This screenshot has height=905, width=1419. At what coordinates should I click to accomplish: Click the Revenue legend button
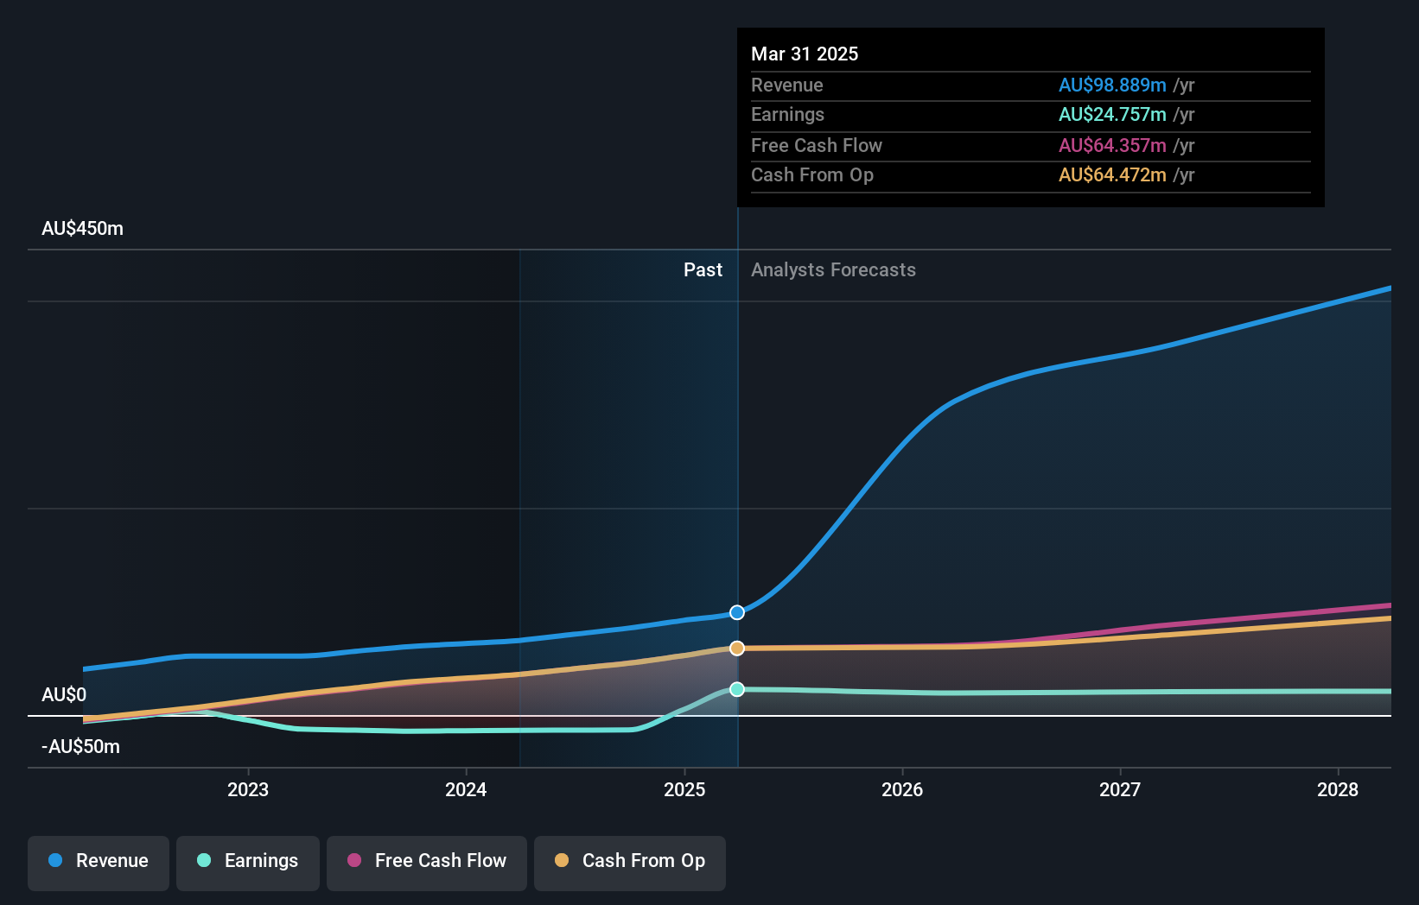tap(99, 861)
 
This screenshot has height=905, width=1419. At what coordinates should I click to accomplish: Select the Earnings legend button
tap(248, 861)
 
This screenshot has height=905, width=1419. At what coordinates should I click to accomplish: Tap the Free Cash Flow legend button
tap(427, 861)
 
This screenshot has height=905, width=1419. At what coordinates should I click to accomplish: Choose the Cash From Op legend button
tap(630, 861)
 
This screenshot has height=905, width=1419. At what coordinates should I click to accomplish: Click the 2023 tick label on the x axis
tap(248, 789)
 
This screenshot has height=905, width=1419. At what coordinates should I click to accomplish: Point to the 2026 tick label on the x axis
tap(902, 789)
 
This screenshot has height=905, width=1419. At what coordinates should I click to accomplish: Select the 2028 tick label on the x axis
tap(1338, 789)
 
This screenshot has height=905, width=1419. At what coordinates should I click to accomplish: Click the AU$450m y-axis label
tap(82, 229)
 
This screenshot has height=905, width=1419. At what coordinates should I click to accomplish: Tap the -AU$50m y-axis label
tap(80, 747)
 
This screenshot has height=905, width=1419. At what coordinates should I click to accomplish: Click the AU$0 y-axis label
tap(64, 695)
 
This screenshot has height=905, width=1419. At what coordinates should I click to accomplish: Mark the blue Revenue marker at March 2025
tap(737, 612)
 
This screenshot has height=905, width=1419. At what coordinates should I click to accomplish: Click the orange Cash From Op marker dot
tap(737, 648)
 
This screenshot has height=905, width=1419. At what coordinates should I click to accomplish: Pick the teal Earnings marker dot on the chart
tap(737, 689)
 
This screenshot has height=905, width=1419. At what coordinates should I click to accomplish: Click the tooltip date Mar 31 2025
tap(805, 54)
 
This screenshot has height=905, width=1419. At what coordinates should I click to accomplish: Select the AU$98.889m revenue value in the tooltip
tap(1112, 85)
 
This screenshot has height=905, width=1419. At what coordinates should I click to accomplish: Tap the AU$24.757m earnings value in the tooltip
tap(1112, 115)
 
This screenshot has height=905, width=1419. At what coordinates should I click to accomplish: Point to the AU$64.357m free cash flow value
tap(1112, 146)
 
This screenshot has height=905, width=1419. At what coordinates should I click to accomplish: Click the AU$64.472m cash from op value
tap(1112, 175)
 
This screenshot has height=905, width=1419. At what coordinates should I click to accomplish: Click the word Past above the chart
tap(703, 270)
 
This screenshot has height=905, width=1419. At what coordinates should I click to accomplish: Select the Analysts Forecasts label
tap(833, 270)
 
